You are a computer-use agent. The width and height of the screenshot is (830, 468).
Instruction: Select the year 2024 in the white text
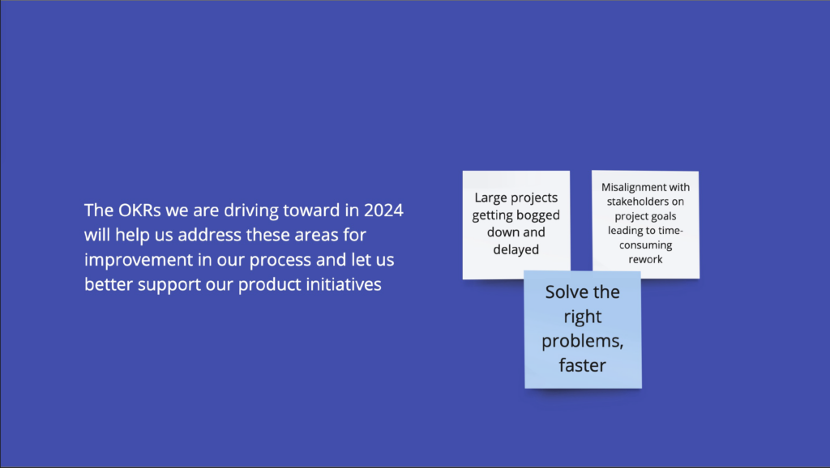click(x=383, y=211)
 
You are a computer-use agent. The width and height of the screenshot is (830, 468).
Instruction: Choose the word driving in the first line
click(x=251, y=211)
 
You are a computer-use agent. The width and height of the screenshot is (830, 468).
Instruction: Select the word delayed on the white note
click(x=516, y=249)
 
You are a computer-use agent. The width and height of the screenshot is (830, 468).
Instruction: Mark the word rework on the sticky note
click(x=645, y=260)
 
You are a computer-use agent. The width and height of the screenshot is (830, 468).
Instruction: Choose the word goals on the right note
click(x=665, y=217)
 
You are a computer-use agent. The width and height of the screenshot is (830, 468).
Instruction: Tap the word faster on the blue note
click(x=582, y=365)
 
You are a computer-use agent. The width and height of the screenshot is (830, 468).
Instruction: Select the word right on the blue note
click(x=582, y=317)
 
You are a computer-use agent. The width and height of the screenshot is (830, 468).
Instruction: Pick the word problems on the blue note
click(x=582, y=342)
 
